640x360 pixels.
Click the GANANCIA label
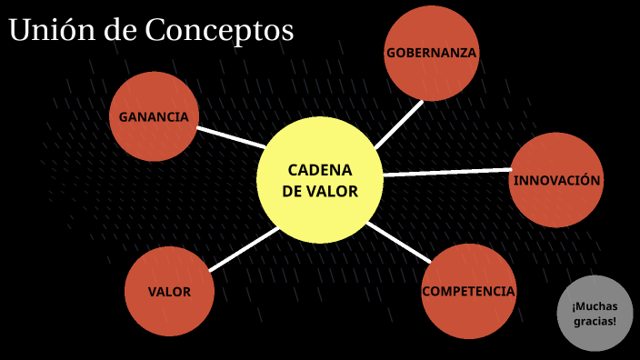pyautogui.click(x=154, y=117)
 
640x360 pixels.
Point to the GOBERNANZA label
pyautogui.click(x=431, y=53)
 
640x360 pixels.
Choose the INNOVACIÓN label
pyautogui.click(x=556, y=180)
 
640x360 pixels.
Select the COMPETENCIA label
pyautogui.click(x=468, y=292)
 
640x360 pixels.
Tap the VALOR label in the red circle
pyautogui.click(x=169, y=293)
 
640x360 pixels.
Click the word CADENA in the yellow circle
pyautogui.click(x=319, y=170)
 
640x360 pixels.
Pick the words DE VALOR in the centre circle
pyautogui.click(x=319, y=192)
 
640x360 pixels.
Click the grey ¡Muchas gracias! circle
pyautogui.click(x=595, y=313)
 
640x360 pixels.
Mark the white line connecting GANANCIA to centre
pyautogui.click(x=231, y=136)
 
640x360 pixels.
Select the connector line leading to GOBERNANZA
pyautogui.click(x=399, y=124)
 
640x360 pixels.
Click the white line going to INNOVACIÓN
pyautogui.click(x=445, y=171)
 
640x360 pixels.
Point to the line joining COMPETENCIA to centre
pyautogui.click(x=398, y=241)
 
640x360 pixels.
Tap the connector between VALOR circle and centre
pyautogui.click(x=243, y=249)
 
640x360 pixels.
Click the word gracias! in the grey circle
pyautogui.click(x=595, y=322)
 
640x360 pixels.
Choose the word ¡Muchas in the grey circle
pyautogui.click(x=595, y=305)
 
